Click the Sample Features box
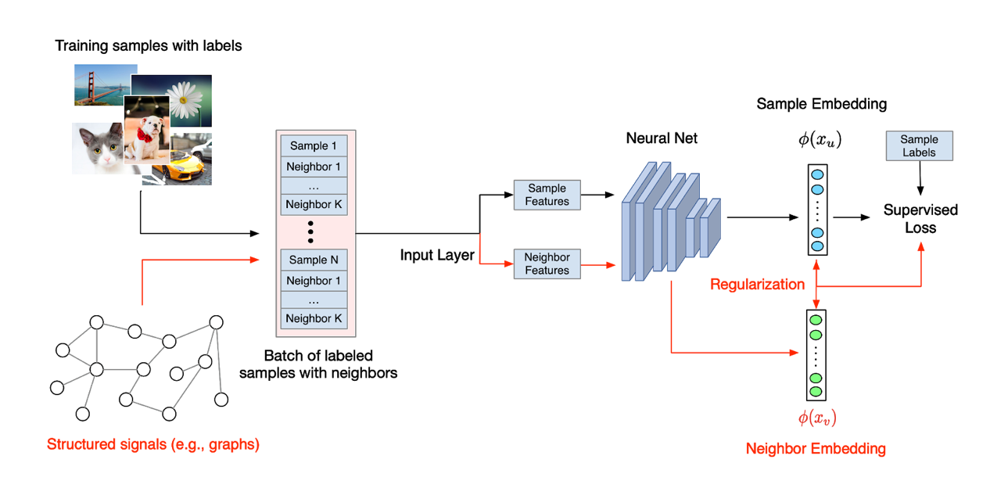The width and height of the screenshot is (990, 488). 547,195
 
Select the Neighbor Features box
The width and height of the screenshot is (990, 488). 547,264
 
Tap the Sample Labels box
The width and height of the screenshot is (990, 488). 920,146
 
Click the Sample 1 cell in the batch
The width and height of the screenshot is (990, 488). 314,145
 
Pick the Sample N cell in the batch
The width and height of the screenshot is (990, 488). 314,260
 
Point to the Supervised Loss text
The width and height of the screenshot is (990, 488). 920,219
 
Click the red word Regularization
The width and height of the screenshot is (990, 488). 757,284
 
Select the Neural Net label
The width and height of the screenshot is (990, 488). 662,138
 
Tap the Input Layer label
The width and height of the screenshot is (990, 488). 437,255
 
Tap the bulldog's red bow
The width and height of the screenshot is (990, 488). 144,134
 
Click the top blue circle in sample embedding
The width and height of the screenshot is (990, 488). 817,174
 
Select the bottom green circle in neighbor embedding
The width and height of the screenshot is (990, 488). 816,392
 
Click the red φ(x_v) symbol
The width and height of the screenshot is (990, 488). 817,418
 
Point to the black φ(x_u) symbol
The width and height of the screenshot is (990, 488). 820,139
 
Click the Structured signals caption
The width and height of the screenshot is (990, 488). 153,444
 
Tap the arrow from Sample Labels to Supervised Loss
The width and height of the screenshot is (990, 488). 920,178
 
